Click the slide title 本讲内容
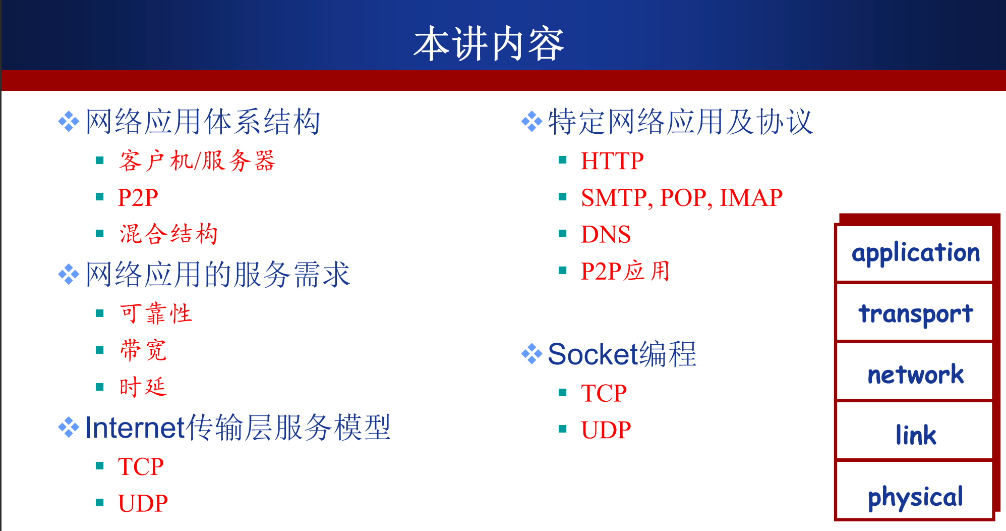tap(488, 44)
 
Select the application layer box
tap(914, 253)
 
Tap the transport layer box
tap(914, 312)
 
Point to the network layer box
tap(914, 372)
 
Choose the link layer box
tap(914, 431)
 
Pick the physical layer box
tap(914, 491)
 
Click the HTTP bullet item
tap(612, 161)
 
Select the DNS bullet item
tap(606, 234)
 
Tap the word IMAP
tap(751, 197)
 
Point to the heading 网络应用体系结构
tap(203, 122)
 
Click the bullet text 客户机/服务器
tap(197, 161)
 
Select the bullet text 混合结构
tap(168, 234)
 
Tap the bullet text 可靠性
tap(156, 313)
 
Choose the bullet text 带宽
tap(143, 350)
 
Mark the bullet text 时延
tap(143, 387)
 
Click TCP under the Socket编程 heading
tap(604, 393)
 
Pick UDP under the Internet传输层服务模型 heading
tap(143, 503)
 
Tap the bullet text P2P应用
tap(625, 271)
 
